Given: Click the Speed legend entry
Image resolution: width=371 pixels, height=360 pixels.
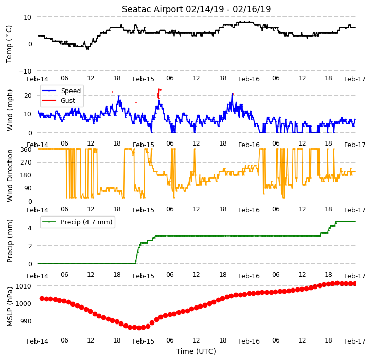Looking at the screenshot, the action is [x=62, y=91].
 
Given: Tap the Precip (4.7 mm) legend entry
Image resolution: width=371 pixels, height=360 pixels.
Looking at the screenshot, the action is [x=77, y=222].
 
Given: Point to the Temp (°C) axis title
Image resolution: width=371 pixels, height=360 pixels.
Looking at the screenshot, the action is [x=9, y=44].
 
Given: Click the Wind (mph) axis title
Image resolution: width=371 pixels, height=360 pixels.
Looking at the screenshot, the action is [x=10, y=110].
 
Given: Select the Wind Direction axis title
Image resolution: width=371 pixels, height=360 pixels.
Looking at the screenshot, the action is [x=10, y=175].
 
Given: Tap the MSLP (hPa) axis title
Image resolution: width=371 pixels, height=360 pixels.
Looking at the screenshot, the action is [x=10, y=307].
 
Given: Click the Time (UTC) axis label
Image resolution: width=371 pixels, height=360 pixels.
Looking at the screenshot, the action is [x=196, y=351].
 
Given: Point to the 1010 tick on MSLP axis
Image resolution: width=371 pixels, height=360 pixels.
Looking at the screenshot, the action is [x=24, y=286].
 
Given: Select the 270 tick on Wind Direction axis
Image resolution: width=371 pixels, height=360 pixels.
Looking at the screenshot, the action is [x=26, y=163].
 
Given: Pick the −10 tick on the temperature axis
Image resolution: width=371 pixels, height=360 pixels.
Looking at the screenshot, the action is [x=25, y=71].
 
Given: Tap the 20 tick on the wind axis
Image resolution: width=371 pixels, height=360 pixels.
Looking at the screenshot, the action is [x=28, y=96].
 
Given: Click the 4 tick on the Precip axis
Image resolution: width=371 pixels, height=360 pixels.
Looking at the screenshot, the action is [x=30, y=228].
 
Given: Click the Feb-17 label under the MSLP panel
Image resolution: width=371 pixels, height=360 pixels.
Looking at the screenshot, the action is [x=355, y=341].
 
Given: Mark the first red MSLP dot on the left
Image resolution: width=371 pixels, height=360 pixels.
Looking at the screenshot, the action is [x=42, y=299].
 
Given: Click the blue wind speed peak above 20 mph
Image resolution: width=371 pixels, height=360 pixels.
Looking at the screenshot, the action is [x=233, y=94].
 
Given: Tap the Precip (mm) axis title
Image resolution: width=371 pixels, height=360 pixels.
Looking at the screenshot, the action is [x=10, y=241].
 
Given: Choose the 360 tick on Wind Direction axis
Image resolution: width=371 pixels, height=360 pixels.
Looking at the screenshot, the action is [x=26, y=149].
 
